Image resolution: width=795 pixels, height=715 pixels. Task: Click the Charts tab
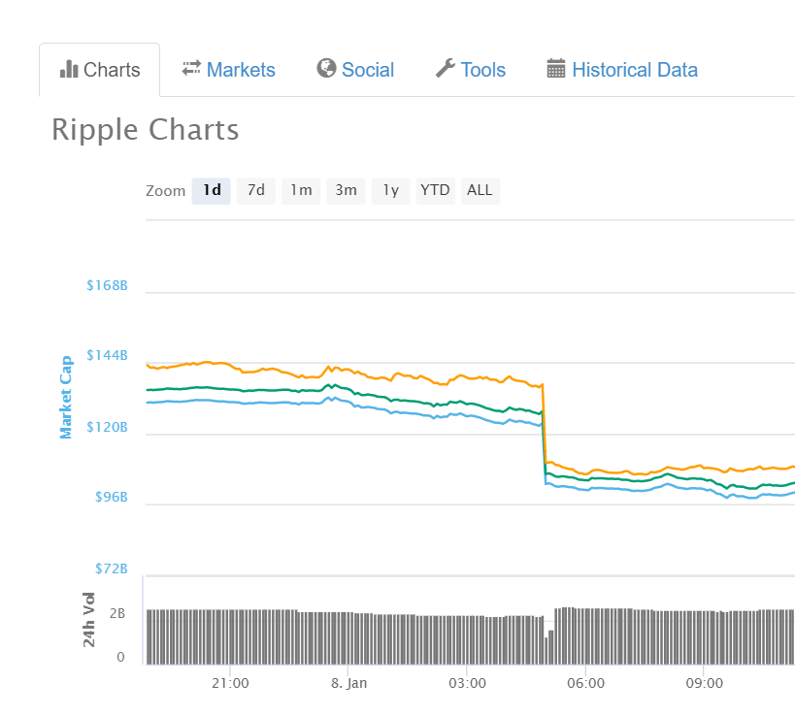(x=100, y=70)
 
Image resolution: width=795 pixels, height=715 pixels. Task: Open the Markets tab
(x=228, y=70)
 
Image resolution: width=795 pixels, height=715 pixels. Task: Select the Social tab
(x=355, y=70)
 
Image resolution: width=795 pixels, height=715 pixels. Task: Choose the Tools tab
(x=471, y=70)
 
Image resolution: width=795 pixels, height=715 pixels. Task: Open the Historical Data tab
(x=622, y=70)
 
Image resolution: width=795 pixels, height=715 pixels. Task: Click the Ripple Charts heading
(x=145, y=130)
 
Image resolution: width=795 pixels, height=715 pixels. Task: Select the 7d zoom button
(x=256, y=190)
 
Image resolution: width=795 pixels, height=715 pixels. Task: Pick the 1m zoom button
(x=301, y=190)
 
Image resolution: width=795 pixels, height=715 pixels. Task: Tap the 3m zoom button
(x=346, y=190)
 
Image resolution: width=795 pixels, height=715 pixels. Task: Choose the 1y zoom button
(x=390, y=190)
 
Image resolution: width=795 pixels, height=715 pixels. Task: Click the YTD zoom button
(x=435, y=190)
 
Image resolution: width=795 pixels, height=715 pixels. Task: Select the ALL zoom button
(x=480, y=190)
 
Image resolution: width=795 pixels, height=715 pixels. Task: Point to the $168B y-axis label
(x=107, y=286)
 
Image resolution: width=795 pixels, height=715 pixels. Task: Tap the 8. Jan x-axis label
(x=348, y=683)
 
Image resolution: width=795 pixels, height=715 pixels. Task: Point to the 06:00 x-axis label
(x=585, y=683)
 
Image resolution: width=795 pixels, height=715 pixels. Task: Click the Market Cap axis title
(x=67, y=397)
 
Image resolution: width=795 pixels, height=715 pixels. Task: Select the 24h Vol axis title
(x=89, y=619)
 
